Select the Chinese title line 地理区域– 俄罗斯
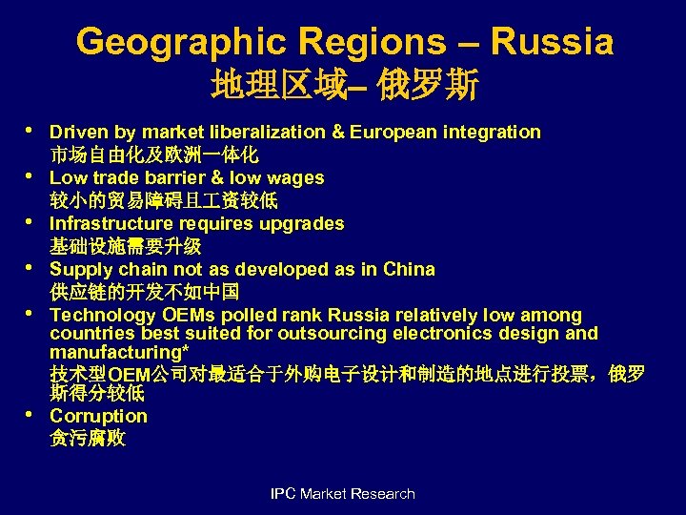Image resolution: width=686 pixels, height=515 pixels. coord(345,87)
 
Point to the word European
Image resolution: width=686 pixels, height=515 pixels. coord(391,132)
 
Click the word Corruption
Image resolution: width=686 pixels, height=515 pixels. coord(98,416)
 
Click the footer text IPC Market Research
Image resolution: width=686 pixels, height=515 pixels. coord(343,493)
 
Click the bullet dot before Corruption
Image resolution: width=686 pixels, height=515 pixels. coord(30,414)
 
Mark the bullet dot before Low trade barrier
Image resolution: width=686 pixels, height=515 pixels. coord(30,175)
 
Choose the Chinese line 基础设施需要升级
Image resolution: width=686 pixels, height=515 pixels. coord(125,246)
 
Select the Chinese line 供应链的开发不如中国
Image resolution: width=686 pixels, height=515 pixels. coord(144,292)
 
